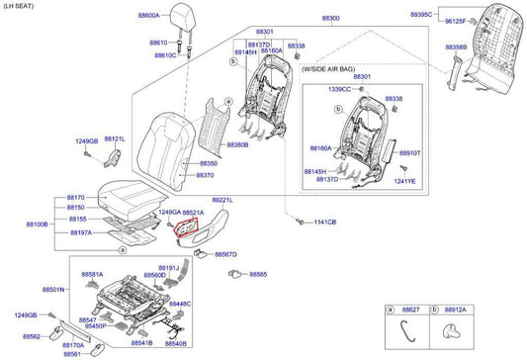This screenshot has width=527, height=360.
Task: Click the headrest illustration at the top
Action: point(184,18)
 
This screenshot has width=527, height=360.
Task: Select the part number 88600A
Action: point(148,17)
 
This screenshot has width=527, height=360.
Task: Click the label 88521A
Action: point(193,213)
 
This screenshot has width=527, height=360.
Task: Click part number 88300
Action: point(330,19)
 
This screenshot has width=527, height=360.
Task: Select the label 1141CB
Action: point(324,223)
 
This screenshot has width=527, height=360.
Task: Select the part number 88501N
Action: point(53,290)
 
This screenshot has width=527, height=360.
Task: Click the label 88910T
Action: point(408,153)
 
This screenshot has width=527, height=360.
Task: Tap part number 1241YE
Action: point(406,182)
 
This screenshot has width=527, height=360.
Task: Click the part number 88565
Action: point(258,274)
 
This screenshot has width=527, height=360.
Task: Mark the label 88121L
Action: point(115,139)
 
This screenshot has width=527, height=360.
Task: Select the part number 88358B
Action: point(428,46)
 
